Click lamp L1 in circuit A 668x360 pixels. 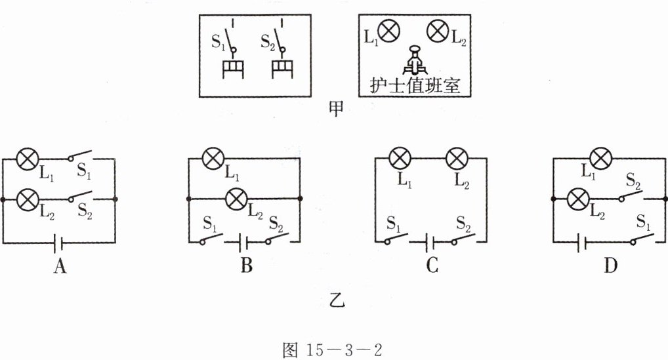click(28, 159)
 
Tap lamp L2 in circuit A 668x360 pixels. click(28, 197)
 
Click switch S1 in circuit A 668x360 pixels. click(79, 157)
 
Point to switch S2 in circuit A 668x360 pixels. click(79, 196)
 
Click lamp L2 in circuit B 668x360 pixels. click(236, 197)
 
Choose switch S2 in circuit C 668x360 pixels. click(463, 240)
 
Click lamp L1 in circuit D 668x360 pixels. click(600, 159)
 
